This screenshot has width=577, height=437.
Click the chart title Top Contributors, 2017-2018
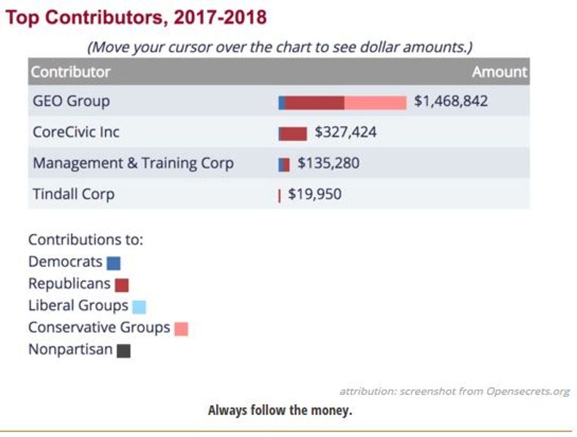point(136,17)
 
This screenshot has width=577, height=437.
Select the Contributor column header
point(71,72)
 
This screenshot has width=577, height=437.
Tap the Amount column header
point(499,72)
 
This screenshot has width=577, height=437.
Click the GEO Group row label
point(71,101)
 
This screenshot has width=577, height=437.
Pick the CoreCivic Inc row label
point(76,132)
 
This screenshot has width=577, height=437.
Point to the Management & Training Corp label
point(133,163)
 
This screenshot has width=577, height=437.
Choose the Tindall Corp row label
point(74,194)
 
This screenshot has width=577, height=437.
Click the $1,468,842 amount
point(451,101)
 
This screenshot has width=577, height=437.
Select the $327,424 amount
point(346,132)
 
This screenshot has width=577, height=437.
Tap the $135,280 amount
point(328,163)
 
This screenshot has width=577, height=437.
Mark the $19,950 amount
point(314,194)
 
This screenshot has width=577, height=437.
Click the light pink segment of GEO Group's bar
point(375,103)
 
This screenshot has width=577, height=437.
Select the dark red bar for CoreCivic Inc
point(293,134)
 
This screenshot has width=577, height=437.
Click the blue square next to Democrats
point(114,263)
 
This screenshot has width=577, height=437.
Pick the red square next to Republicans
point(122,285)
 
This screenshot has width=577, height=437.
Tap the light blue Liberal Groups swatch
point(139,307)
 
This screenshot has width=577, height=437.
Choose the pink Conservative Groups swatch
point(181,329)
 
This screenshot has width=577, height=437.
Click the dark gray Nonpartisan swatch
point(124,351)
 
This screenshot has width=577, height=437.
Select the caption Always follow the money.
point(280,410)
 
